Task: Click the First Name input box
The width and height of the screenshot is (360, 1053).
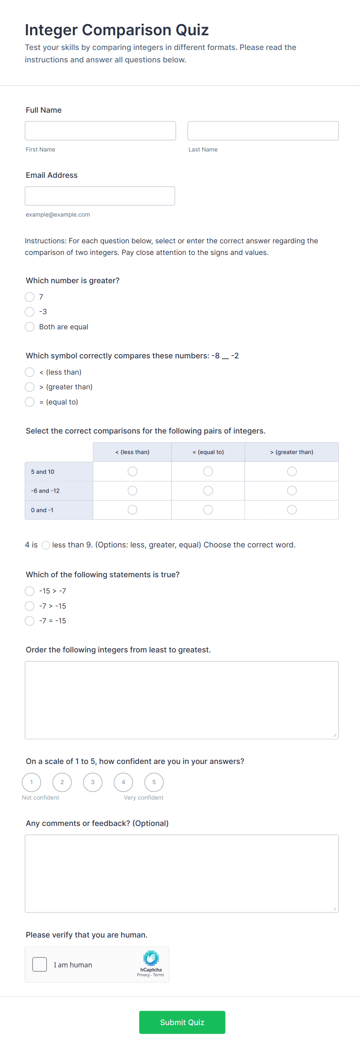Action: (x=100, y=131)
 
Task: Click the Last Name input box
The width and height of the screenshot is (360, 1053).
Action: (x=263, y=131)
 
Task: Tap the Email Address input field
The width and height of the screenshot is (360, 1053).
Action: (x=100, y=196)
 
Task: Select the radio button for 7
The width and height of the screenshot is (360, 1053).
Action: (x=29, y=297)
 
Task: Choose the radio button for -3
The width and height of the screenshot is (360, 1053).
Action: (x=29, y=312)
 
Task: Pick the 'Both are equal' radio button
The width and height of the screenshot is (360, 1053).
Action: (x=29, y=327)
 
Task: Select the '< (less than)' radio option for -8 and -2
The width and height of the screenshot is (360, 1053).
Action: (x=29, y=372)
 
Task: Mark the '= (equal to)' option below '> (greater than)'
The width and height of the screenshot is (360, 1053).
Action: (x=29, y=402)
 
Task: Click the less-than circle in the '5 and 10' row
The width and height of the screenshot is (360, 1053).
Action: (x=132, y=471)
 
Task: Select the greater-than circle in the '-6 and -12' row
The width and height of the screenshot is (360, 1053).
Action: (x=292, y=490)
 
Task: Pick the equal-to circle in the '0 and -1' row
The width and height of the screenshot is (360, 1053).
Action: (x=208, y=510)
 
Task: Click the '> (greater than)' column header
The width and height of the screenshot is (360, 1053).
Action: (x=291, y=452)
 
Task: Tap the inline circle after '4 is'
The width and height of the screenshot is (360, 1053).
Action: (x=46, y=545)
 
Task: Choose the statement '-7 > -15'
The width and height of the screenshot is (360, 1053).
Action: (x=29, y=606)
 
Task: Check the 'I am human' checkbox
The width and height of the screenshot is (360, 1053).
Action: (x=39, y=964)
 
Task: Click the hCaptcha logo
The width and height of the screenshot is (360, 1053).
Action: (x=151, y=958)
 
